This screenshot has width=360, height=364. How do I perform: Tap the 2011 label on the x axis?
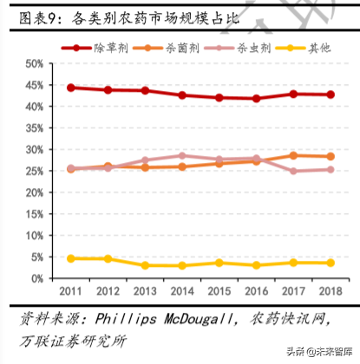tap(70, 292)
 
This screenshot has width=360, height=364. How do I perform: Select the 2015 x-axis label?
tap(219, 292)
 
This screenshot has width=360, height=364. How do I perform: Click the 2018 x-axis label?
tap(330, 292)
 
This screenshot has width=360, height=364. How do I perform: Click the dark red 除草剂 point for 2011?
tap(70, 88)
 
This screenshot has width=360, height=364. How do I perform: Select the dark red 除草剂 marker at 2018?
tap(330, 94)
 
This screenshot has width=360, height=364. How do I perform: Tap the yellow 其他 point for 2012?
tap(108, 258)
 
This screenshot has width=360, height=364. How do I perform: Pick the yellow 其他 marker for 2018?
tap(330, 263)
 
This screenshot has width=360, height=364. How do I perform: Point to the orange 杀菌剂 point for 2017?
tap(293, 155)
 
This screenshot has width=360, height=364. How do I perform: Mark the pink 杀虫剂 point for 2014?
tap(182, 155)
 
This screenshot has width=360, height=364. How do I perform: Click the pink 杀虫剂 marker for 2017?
tap(293, 171)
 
